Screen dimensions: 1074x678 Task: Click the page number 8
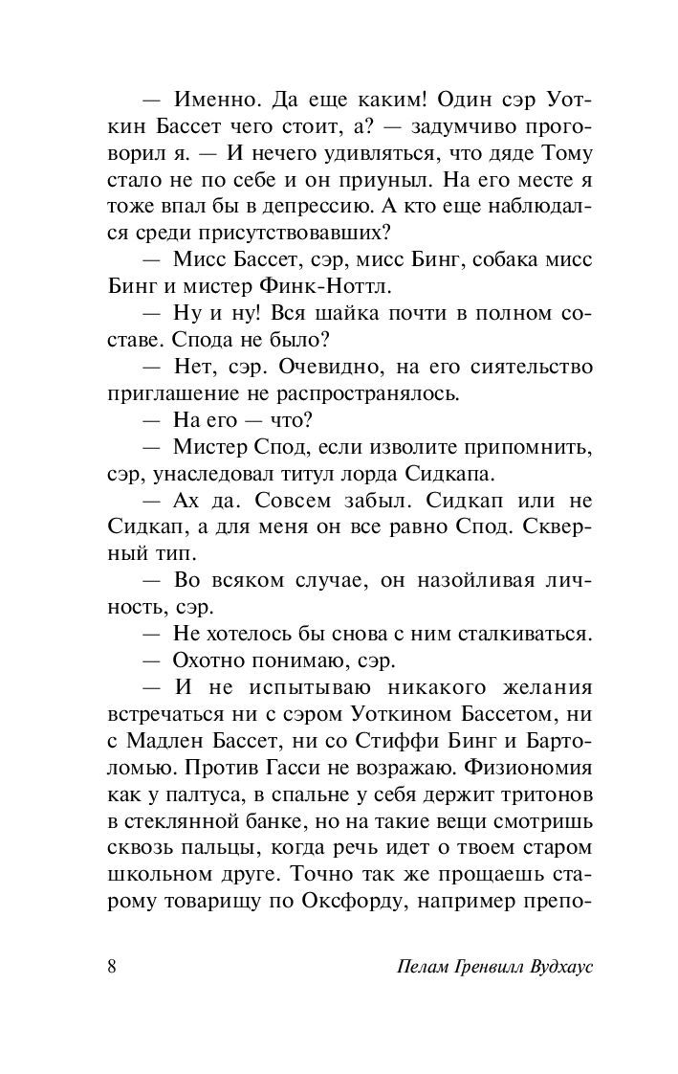coord(112,967)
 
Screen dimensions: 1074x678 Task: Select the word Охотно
coord(211,661)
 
